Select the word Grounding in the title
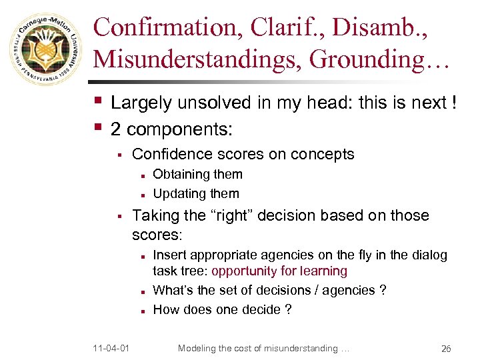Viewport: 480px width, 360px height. (370, 59)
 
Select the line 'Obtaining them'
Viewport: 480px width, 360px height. (197, 175)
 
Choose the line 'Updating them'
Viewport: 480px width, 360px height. (195, 194)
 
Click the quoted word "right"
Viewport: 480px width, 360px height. (221, 215)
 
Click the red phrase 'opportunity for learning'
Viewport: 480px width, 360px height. (279, 271)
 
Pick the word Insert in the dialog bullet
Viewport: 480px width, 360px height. (169, 255)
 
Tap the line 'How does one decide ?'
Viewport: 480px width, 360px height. (222, 309)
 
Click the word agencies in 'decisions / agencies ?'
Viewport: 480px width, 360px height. (347, 290)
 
